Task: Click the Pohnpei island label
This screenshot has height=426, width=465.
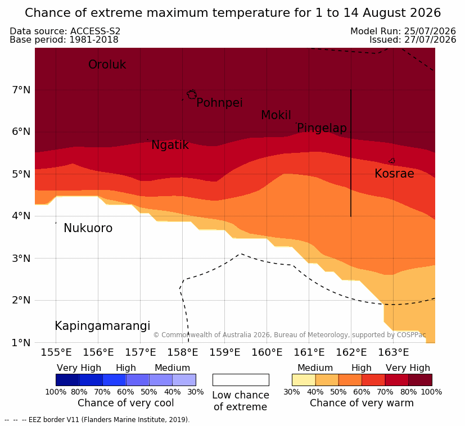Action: [219, 103]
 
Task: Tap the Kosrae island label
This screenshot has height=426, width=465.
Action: [394, 174]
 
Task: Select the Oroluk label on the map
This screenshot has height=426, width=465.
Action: [107, 65]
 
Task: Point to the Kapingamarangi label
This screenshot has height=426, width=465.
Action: [102, 326]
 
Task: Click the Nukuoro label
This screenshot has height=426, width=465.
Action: [88, 228]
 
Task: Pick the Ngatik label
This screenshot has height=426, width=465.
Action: [170, 145]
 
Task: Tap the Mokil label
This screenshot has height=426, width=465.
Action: [276, 115]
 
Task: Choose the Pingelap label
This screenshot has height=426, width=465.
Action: [322, 128]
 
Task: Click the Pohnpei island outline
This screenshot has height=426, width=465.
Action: [192, 94]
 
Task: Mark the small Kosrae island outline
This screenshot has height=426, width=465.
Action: [392, 161]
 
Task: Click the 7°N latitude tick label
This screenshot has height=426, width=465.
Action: [21, 89]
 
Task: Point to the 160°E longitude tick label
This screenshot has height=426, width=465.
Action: [267, 352]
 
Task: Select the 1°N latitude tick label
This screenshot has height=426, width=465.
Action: [21, 343]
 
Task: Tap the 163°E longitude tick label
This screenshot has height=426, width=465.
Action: [393, 352]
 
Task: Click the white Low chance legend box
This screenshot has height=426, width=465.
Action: [241, 380]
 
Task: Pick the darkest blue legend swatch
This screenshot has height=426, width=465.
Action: [67, 380]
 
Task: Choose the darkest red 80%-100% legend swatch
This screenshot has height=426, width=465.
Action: [420, 380]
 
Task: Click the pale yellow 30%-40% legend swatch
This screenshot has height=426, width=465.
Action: [304, 380]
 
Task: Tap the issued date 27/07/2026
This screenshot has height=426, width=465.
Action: [430, 40]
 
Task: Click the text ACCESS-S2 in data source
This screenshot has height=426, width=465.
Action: [95, 31]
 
